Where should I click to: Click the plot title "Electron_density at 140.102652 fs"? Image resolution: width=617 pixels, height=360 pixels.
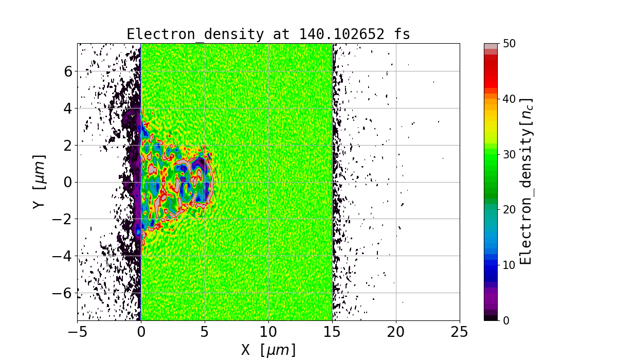(268, 34)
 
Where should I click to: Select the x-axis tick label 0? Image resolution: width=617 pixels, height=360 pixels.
(141, 332)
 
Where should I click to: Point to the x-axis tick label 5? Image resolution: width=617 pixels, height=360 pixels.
(205, 332)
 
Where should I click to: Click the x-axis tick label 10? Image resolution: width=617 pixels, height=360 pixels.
(268, 332)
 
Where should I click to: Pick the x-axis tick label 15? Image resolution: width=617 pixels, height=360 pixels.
(332, 332)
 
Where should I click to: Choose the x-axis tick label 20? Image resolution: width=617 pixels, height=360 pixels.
(396, 332)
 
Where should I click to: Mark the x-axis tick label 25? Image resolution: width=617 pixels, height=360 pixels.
(460, 332)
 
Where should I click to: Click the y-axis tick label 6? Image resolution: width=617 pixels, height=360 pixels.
(66, 71)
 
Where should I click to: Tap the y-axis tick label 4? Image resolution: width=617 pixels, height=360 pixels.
(66, 108)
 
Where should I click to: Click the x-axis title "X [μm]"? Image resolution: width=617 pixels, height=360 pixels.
(268, 350)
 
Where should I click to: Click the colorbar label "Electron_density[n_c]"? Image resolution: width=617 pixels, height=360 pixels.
(525, 182)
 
